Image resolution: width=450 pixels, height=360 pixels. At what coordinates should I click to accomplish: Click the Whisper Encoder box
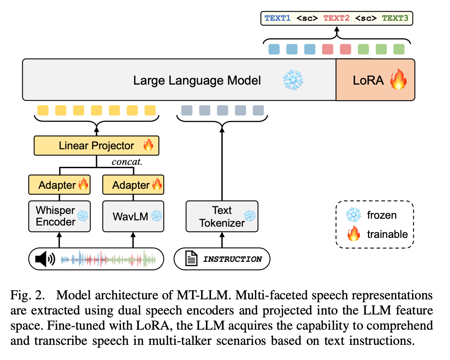click(x=59, y=216)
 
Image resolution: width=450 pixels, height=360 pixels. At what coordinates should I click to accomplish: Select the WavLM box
click(x=133, y=216)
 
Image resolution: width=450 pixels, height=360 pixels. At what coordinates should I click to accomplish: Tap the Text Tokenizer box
click(x=222, y=216)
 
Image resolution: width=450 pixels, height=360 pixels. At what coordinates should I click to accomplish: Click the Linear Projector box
click(x=97, y=146)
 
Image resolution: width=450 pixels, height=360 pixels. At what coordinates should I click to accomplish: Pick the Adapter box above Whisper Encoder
click(x=59, y=185)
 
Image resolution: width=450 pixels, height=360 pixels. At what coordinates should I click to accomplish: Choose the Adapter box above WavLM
click(x=133, y=185)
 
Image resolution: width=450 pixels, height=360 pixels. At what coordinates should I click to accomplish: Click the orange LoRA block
click(x=375, y=80)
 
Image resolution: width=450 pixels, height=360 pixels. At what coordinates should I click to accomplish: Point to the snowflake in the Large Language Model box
click(x=293, y=80)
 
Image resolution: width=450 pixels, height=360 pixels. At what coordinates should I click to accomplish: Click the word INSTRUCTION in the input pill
click(x=233, y=259)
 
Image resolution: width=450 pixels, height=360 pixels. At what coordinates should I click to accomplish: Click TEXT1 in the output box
click(x=277, y=18)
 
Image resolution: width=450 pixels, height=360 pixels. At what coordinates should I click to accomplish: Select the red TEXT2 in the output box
click(x=336, y=18)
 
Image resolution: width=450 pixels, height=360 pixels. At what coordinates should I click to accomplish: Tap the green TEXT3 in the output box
click(x=395, y=18)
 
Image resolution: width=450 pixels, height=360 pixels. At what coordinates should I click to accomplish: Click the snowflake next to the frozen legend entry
click(x=353, y=215)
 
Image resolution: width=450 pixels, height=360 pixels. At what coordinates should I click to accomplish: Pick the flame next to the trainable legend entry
click(x=353, y=234)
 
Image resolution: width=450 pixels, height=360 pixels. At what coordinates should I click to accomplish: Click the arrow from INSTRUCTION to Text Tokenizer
click(x=222, y=239)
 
